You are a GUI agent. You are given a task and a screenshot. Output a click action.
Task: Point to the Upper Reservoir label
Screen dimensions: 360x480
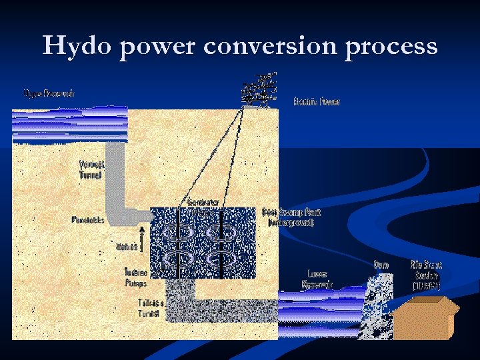point(49,93)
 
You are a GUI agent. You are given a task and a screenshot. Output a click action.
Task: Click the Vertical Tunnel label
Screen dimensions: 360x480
point(91,170)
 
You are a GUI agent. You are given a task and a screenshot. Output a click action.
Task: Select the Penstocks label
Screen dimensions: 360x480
point(88,220)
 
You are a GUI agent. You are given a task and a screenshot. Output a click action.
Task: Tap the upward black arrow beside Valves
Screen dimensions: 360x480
point(141,238)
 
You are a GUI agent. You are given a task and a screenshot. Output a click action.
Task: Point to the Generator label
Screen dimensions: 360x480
point(203,201)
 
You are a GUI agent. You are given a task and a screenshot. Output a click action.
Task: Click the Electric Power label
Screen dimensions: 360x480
point(317,102)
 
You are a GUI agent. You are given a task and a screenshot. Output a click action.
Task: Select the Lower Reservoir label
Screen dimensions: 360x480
point(317,279)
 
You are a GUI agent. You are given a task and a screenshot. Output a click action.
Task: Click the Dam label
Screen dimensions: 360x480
point(381,265)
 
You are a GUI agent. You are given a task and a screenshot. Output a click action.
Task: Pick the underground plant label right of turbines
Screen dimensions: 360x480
point(291,217)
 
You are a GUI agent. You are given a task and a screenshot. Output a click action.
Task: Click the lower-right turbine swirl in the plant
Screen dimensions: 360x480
point(220,260)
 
